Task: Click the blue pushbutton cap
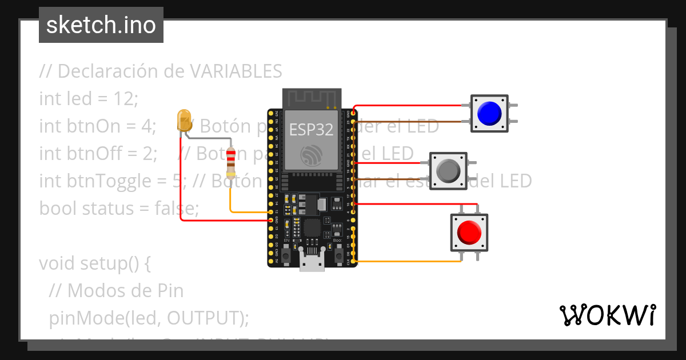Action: [489, 113]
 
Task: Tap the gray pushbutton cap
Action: [448, 170]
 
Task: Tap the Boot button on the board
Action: [338, 252]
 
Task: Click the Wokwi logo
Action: [607, 315]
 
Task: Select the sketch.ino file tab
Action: [101, 25]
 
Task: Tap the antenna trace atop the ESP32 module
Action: [312, 98]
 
